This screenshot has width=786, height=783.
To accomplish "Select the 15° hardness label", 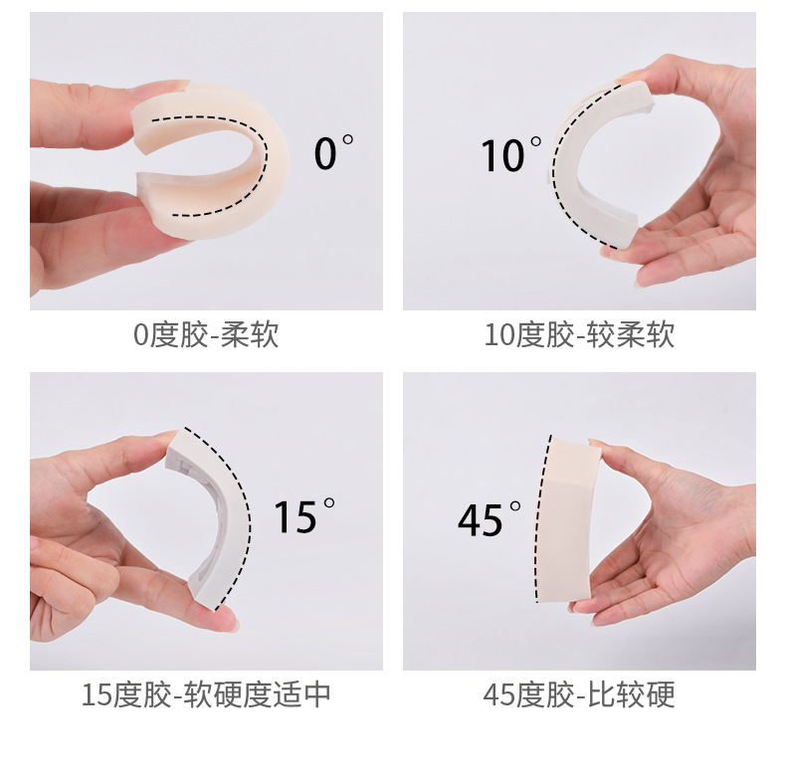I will pos(304,516).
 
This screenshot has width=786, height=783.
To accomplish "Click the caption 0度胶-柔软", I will pos(206,335).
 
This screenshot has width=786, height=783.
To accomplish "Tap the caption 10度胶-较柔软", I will pos(579,335).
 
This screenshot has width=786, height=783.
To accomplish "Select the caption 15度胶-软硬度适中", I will pos(206,693).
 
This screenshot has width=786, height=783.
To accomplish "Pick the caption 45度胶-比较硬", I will pos(579,693).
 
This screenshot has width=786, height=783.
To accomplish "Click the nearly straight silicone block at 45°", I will pos(569,517).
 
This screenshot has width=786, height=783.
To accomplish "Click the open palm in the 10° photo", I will pos(696,209).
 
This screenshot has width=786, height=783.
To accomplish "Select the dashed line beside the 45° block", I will pos(541,517).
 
